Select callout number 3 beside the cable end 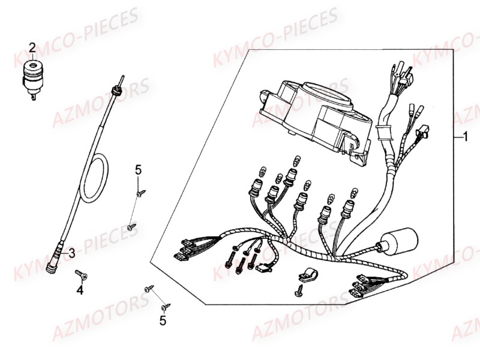[x=71, y=253]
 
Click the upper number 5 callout [x=138, y=170]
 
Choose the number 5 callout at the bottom [x=163, y=322]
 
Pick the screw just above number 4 [x=81, y=275]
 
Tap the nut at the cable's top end [x=116, y=90]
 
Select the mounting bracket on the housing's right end [x=359, y=154]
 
